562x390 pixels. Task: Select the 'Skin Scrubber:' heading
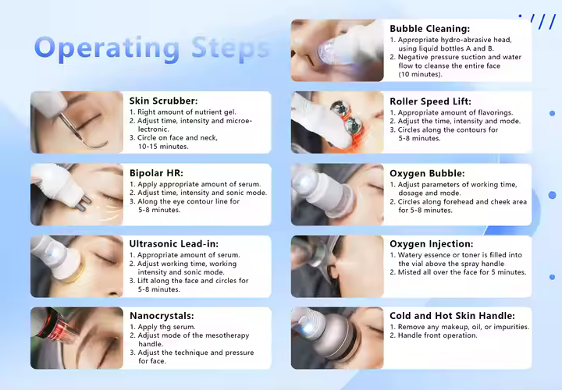pyautogui.click(x=163, y=101)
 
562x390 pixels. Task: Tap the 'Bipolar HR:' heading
pyautogui.click(x=157, y=173)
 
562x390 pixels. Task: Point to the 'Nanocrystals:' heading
pyautogui.click(x=162, y=316)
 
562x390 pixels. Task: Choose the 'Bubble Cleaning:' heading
pyautogui.click(x=429, y=29)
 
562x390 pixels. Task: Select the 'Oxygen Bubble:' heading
pyautogui.click(x=427, y=173)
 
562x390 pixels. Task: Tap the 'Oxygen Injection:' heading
pyautogui.click(x=431, y=244)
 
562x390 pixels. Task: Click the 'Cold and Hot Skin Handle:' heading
pyautogui.click(x=449, y=316)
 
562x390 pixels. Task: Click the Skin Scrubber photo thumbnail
pyautogui.click(x=76, y=122)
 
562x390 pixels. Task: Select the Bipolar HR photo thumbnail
pyautogui.click(x=76, y=194)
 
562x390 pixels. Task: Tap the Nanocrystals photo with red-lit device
pyautogui.click(x=76, y=338)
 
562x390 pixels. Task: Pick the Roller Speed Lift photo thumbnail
pyautogui.click(x=337, y=122)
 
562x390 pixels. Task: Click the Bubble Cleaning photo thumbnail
pyautogui.click(x=337, y=51)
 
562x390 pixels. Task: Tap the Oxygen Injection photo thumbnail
pyautogui.click(x=337, y=266)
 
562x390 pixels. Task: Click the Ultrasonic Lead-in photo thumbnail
pyautogui.click(x=76, y=266)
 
